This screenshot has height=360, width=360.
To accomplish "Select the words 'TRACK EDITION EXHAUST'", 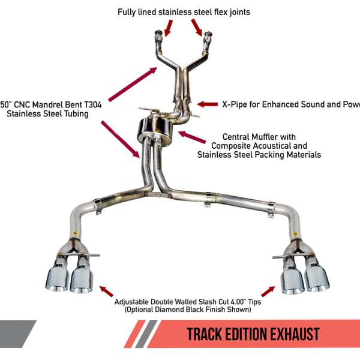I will tap(253, 334).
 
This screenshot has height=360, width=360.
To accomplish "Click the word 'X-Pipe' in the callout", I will tap(235, 104).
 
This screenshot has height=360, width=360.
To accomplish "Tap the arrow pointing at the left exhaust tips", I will tap(106, 292).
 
